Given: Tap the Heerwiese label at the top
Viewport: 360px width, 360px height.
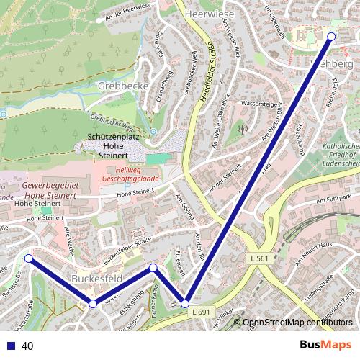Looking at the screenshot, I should click(x=210, y=14).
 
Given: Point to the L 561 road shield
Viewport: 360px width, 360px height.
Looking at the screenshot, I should click(x=261, y=258).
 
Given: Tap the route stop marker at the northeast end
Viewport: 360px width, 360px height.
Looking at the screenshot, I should click(x=332, y=36).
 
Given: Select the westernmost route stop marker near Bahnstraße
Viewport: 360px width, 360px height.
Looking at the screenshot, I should click(x=28, y=258).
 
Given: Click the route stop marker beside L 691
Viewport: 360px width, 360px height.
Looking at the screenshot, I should click(x=185, y=304).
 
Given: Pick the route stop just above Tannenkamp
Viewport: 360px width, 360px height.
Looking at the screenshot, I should click(x=153, y=268).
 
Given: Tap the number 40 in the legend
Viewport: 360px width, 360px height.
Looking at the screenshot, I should click(x=27, y=346).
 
